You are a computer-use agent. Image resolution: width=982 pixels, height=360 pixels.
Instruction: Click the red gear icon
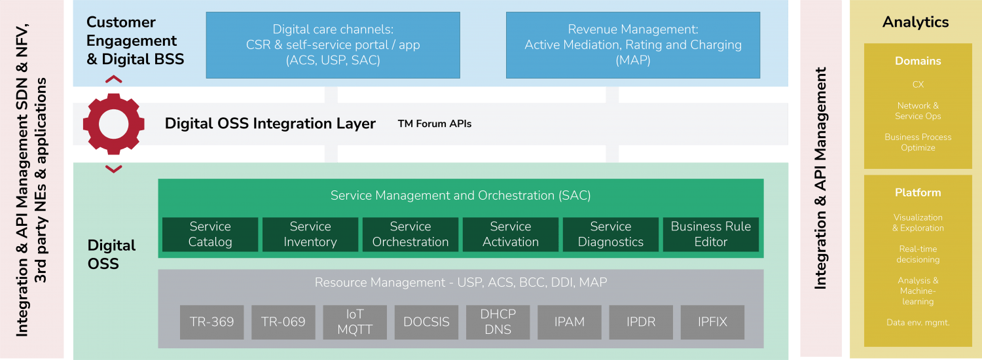(114, 124)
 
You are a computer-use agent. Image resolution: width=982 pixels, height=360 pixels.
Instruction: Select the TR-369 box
(211, 322)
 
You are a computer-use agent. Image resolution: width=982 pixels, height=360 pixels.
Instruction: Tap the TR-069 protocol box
(283, 322)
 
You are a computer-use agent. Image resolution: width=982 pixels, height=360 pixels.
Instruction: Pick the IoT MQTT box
(355, 322)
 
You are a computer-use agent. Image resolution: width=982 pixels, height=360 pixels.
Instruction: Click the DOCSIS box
(426, 322)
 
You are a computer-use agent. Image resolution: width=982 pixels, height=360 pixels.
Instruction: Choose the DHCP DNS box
(498, 322)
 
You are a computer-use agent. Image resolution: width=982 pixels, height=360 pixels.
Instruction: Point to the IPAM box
(570, 322)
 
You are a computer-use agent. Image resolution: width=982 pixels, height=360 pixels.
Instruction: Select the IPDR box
(641, 322)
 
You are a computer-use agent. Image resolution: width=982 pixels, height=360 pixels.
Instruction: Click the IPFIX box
(712, 322)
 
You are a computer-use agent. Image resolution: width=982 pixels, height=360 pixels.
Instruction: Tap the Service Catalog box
(210, 234)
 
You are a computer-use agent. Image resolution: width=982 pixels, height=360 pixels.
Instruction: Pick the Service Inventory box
(310, 234)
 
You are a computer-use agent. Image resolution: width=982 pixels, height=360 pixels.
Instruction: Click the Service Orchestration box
(410, 234)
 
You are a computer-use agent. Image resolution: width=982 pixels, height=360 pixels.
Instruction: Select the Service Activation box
(511, 234)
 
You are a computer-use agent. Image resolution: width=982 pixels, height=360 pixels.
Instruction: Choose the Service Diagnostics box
(611, 234)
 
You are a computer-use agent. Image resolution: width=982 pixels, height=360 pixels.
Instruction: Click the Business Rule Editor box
(711, 234)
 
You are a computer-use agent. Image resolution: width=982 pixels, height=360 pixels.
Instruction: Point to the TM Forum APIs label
(434, 124)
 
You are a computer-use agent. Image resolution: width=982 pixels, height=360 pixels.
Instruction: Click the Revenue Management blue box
(633, 45)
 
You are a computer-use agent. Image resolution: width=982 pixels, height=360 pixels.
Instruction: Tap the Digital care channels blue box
(333, 45)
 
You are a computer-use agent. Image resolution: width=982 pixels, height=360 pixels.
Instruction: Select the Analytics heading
(915, 22)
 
